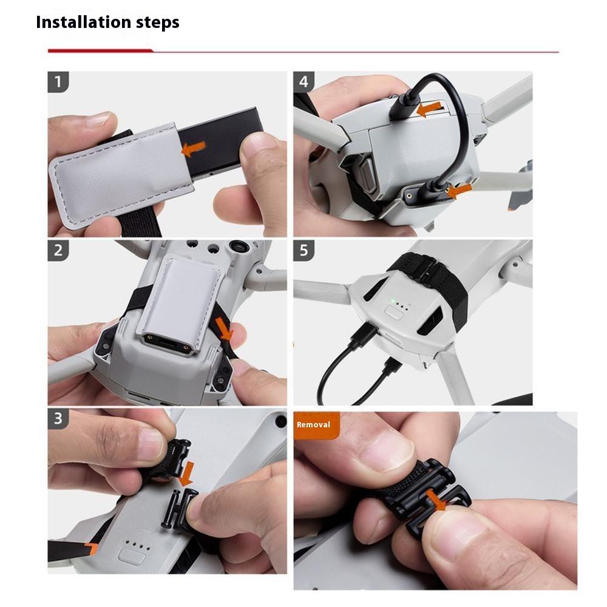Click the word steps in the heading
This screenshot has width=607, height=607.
(155, 23)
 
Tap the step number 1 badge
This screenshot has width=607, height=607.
(58, 82)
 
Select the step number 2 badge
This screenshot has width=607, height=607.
(58, 251)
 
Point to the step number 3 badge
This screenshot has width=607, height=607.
(58, 419)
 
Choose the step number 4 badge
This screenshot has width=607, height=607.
(304, 82)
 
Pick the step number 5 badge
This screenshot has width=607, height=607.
(304, 251)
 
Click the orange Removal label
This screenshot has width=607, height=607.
(313, 425)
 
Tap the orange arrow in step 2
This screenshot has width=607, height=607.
(226, 330)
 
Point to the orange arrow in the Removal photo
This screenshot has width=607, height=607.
(436, 500)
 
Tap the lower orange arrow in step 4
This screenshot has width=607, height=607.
(459, 191)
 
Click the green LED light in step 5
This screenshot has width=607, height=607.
(393, 300)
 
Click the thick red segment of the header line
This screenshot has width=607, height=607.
(100, 51)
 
